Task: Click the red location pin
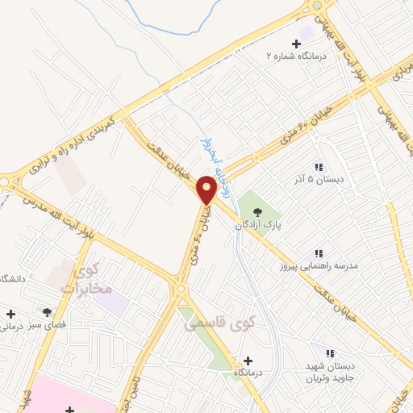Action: coord(206,190)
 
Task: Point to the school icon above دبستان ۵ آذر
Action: coord(318,166)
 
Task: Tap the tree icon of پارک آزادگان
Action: coord(257,211)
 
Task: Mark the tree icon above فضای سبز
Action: coord(48,312)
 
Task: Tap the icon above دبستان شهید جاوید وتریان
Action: coord(328,352)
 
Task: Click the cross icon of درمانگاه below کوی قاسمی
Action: coord(247,361)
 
